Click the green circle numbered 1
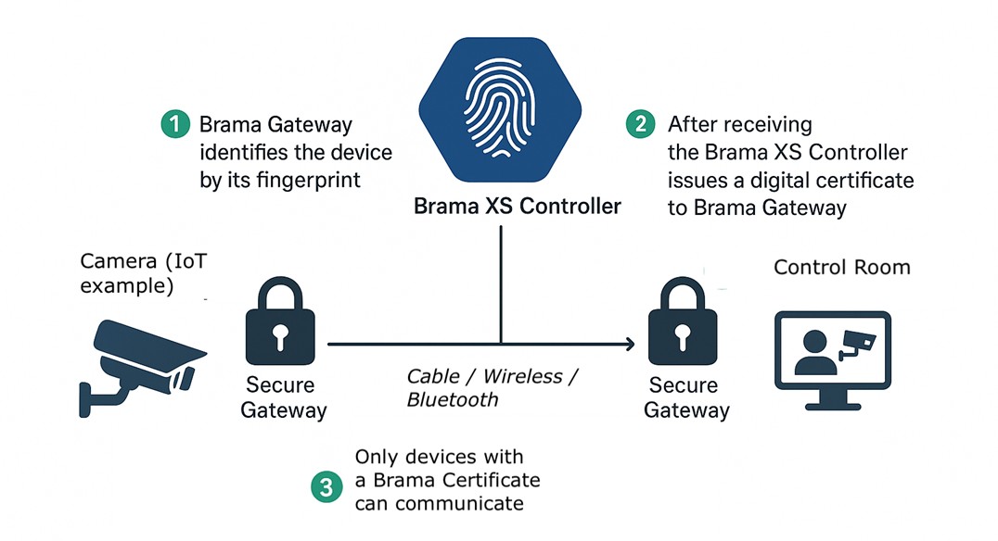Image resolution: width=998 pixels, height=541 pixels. (x=175, y=124)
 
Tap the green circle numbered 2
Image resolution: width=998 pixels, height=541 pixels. (x=640, y=124)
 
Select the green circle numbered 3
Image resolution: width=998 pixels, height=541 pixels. (x=326, y=487)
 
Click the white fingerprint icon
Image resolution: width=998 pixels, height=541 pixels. (x=500, y=107)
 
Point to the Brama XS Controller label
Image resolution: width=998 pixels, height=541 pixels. (x=517, y=206)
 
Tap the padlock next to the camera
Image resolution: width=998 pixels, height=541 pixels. (x=280, y=321)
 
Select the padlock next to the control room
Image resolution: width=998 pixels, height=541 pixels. (x=683, y=321)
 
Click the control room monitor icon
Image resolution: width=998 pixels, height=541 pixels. (x=833, y=360)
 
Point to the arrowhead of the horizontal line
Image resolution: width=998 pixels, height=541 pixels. (x=630, y=344)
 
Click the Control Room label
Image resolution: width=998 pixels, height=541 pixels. (x=841, y=267)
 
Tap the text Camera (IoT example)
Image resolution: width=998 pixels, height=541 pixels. (x=143, y=273)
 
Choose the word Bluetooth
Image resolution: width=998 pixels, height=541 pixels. (x=453, y=399)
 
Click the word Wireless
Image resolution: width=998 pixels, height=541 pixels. (x=522, y=376)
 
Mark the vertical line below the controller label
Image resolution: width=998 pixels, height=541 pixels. (x=501, y=284)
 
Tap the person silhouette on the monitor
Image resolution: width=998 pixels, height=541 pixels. (x=815, y=353)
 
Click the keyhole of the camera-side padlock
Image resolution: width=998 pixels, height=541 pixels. (x=280, y=337)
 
